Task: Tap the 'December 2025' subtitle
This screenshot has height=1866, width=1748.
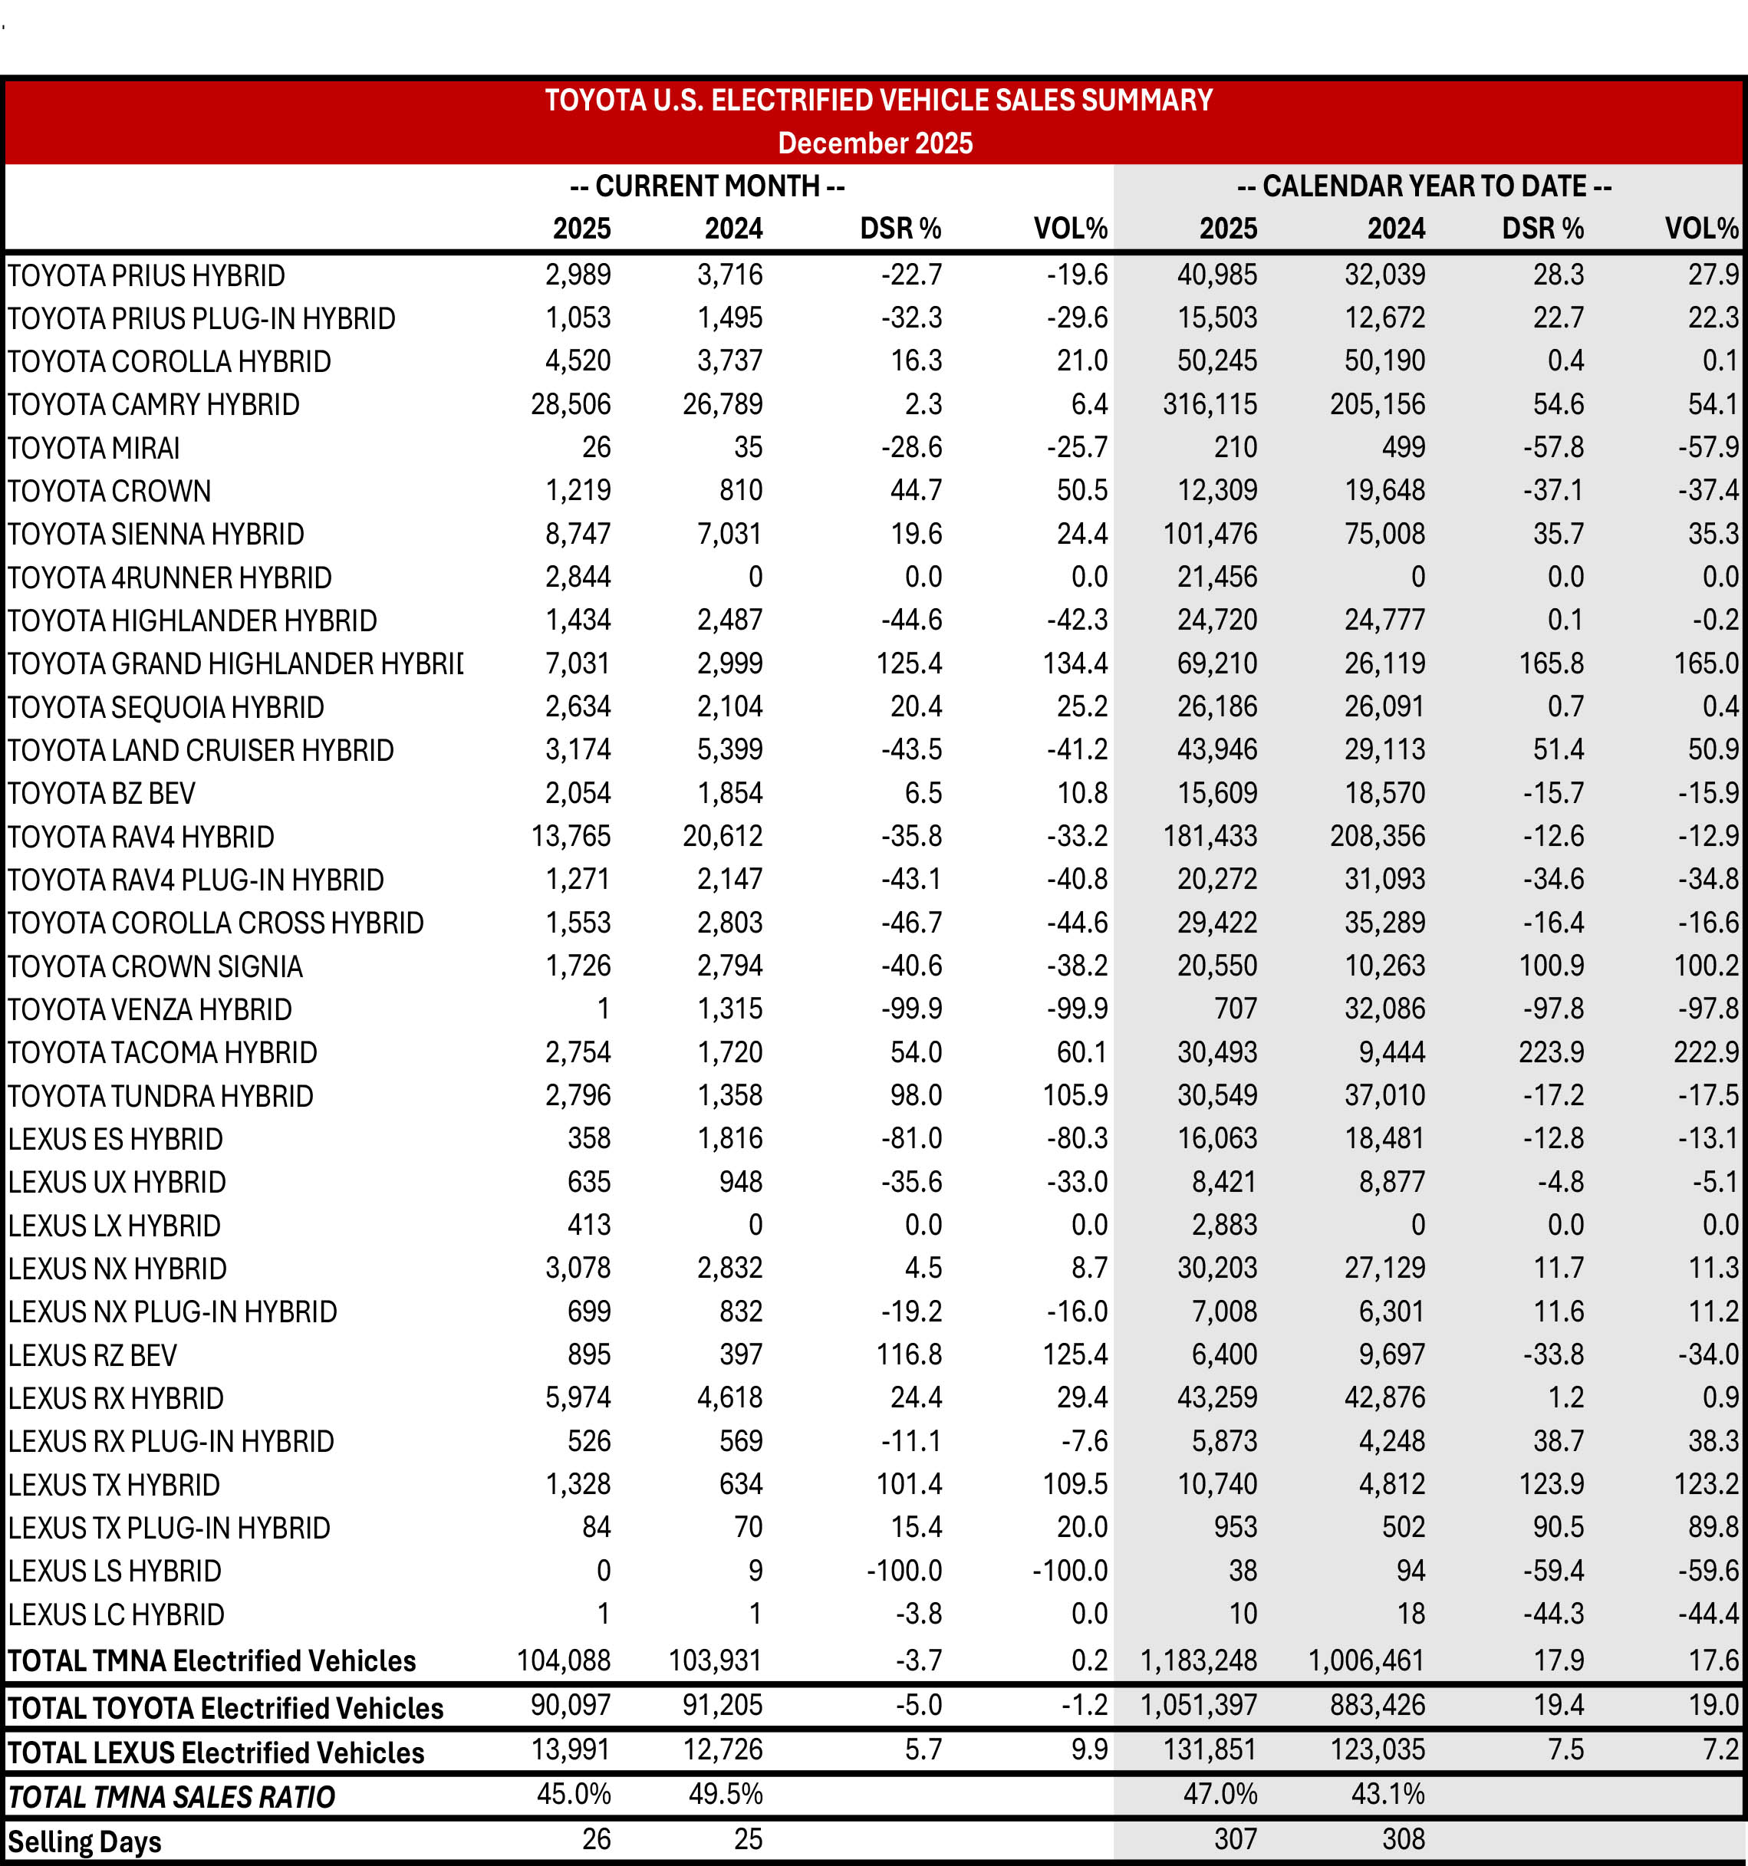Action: [875, 143]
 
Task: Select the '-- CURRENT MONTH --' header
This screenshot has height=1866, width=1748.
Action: [707, 186]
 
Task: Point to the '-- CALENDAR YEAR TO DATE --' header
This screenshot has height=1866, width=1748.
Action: [1424, 186]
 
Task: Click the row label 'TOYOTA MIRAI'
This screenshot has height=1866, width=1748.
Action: [94, 448]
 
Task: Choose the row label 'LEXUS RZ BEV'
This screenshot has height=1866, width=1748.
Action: [93, 1354]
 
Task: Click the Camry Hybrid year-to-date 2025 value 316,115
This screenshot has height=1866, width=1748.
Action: [1209, 404]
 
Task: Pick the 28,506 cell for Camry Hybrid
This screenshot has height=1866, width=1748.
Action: [571, 404]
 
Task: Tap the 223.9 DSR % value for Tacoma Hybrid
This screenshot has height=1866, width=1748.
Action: [1551, 1052]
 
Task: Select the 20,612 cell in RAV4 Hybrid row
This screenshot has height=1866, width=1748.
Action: [722, 836]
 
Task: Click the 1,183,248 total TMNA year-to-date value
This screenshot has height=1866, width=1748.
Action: [1198, 1660]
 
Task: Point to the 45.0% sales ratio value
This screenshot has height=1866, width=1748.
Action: [574, 1794]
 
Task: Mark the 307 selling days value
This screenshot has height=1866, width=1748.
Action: [1236, 1839]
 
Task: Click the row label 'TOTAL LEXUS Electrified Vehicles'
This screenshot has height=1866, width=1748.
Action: [216, 1752]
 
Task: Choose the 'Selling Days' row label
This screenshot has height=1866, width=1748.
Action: [84, 1841]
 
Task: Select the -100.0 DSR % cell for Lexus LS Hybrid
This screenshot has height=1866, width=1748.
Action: [904, 1570]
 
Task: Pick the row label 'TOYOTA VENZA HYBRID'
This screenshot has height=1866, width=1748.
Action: [150, 1009]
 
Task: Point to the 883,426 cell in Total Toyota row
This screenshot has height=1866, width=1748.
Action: [1378, 1704]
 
